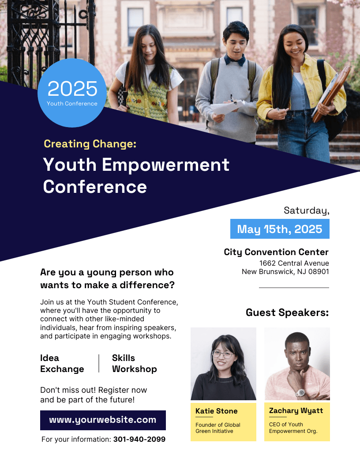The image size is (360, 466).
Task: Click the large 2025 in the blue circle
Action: point(72,89)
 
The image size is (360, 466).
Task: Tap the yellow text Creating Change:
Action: point(90,144)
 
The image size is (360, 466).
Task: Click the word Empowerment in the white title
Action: point(165,165)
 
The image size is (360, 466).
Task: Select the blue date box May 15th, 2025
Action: point(280,229)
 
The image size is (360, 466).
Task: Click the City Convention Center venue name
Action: point(276,252)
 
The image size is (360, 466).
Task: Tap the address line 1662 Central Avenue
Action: point(294,263)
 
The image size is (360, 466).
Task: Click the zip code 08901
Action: point(319,272)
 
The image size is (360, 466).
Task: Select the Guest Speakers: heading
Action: point(287,312)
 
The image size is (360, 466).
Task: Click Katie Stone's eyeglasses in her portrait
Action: point(223,354)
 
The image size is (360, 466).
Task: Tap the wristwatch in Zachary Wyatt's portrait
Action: point(300,393)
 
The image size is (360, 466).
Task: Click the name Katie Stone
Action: point(217,411)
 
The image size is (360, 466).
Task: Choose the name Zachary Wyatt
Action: point(296,411)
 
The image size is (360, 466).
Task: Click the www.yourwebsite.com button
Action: point(103,420)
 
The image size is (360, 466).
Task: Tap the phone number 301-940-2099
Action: point(139,439)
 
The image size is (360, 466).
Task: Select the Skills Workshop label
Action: point(135,364)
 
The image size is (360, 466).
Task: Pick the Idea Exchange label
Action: point(62,364)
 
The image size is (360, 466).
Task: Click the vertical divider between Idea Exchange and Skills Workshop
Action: point(99,363)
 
